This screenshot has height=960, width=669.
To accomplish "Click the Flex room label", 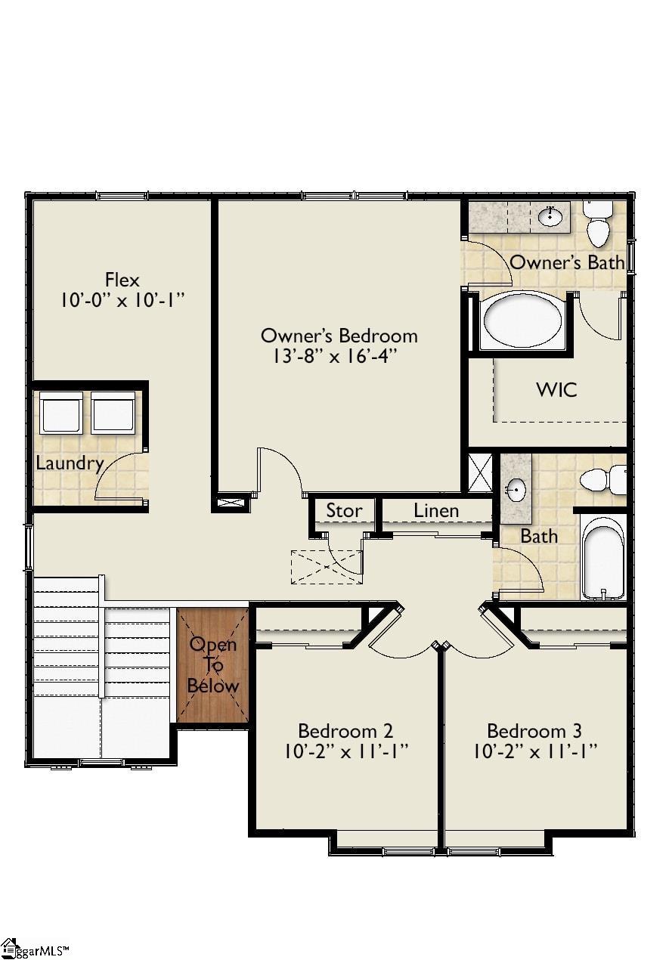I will coord(122,280).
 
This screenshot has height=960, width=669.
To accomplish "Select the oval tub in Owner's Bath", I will coord(522,321).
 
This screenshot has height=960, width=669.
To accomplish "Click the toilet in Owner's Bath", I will coord(599,225).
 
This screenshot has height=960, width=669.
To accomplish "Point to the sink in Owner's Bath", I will coord(550,218).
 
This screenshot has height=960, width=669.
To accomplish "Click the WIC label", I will coord(556,390).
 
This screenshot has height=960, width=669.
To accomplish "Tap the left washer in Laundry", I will coord(60,413).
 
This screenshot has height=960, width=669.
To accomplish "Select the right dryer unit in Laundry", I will coord(113,413).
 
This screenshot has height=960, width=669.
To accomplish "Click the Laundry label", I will coord(70,463).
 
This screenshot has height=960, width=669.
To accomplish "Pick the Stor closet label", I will coord(343,511).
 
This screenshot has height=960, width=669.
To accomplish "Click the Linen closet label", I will coord(436,511).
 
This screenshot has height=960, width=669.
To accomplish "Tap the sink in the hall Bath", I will coord(516,489).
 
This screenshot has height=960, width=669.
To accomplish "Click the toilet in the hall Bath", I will coord(603,479).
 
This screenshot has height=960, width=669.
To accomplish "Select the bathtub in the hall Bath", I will coord(603,558).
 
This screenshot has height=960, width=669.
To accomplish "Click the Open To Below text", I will coord(212,665).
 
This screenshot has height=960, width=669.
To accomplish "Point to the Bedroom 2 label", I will coord(345,731).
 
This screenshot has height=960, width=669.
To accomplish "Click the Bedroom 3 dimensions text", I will coord(535,752).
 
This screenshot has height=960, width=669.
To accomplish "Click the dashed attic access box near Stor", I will coord(326,567).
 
